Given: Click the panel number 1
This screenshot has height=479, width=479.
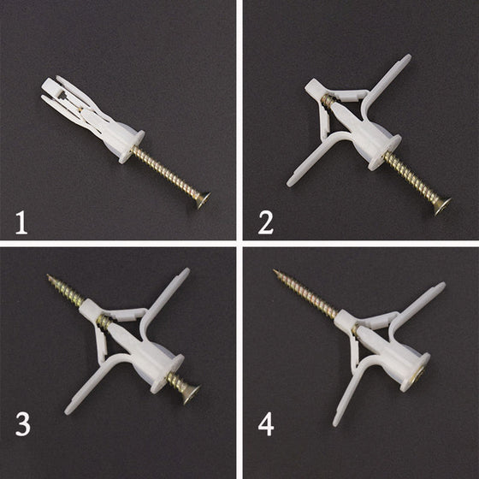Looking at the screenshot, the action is pos(21,223).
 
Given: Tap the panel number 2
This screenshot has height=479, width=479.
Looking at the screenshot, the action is pos(266,223).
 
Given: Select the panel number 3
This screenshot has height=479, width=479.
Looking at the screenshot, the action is pos(23,424).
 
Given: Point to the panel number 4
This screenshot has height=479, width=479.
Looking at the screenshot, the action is pos(266,424).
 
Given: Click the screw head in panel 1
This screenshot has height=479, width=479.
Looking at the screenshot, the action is pos(204,200).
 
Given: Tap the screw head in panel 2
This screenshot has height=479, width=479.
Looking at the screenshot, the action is pos(443,206).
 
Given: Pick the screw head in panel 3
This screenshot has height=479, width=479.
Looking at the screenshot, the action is pos(192,394).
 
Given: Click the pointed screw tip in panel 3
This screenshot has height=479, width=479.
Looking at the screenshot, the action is pos(48,275).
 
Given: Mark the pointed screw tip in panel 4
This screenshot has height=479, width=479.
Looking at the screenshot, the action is pos(275,270).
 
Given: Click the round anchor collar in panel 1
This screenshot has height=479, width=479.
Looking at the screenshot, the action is pos(132,146).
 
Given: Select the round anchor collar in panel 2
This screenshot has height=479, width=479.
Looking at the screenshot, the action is pos(384,152).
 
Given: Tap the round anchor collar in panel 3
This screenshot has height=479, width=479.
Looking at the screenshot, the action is pos(167,374).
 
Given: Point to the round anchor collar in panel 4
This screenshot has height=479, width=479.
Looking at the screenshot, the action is pos(415,372).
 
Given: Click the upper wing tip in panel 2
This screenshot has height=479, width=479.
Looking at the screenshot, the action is pos(408,58).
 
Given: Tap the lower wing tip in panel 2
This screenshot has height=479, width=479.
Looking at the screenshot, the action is pos(290,183).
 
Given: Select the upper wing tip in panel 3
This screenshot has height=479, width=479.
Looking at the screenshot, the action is pos(186,272).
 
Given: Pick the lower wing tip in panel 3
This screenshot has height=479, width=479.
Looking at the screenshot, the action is pos(68,411).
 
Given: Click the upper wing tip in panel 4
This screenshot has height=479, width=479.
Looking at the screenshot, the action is pos(441,286).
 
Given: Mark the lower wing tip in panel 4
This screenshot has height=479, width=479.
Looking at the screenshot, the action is pos(335,423).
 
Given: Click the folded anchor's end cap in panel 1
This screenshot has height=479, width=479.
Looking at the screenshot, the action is pos(51,87).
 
